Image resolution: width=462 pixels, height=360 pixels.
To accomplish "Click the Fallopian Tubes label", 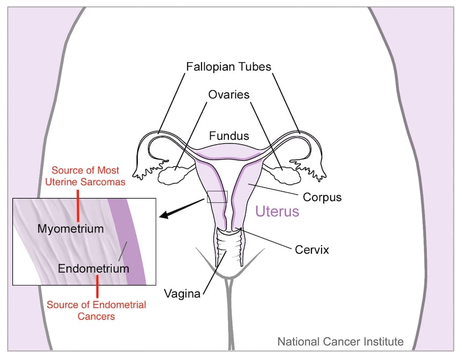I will pos(229,67).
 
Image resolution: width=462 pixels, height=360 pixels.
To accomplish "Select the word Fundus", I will pos(229,136).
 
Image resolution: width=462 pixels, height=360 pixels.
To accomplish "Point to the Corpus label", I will pos(322,197).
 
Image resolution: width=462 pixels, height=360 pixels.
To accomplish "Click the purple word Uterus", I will pos(277,211).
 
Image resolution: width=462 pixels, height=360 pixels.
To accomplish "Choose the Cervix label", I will pos(311,249).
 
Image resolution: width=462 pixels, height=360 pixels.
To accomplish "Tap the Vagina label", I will pos(183,293).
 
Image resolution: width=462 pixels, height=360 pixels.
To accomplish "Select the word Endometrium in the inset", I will pos(94,268).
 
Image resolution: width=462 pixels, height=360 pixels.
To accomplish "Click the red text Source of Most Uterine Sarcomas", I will pos(88,177).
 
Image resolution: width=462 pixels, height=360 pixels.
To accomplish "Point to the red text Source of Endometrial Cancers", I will pos(96,311).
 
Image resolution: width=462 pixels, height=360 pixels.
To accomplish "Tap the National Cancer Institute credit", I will pos(340,341).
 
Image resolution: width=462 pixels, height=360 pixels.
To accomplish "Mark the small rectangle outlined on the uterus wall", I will pos(217,196).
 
